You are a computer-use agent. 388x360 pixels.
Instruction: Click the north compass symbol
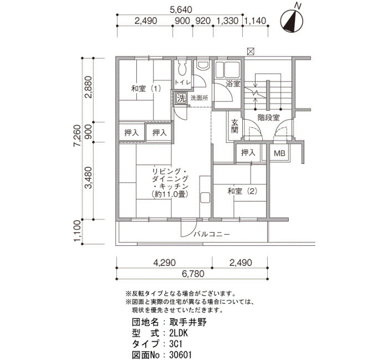[292, 21]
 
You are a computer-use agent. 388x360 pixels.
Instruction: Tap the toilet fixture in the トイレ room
[182, 68]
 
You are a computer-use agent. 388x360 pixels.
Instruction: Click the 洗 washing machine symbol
[181, 99]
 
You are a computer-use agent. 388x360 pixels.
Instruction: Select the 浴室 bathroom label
[233, 84]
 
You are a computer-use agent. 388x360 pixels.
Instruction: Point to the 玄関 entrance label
[234, 126]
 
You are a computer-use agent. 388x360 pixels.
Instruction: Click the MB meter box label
[279, 153]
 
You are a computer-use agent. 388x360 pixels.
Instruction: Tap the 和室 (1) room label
[146, 88]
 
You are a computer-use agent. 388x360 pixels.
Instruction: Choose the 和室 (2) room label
[243, 191]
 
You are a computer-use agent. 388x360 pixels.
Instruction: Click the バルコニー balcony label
[212, 234]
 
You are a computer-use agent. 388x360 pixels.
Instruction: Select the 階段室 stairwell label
[268, 117]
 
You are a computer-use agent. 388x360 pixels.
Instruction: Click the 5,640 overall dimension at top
[181, 9]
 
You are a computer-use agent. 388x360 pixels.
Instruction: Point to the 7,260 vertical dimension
[77, 136]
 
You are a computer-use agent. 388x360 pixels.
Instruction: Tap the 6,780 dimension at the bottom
[193, 274]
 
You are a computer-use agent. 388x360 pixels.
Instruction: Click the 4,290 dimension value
[164, 263]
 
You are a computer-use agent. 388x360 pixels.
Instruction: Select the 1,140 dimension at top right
[255, 21]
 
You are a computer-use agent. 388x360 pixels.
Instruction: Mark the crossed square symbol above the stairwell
[251, 52]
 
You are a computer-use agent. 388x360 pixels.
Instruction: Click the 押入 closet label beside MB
[248, 152]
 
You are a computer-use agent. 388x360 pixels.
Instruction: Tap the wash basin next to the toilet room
[203, 65]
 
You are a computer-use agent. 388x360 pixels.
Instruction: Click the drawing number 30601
[180, 355]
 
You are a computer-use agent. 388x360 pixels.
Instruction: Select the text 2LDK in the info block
[178, 333]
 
